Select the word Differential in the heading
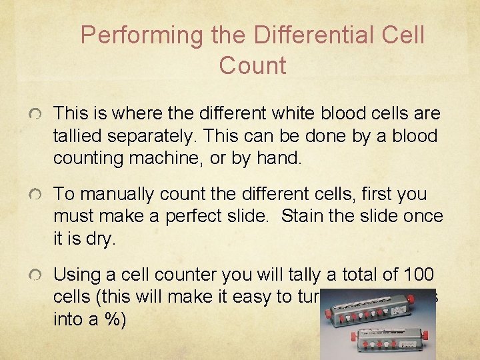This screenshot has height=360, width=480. tap(299, 35)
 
